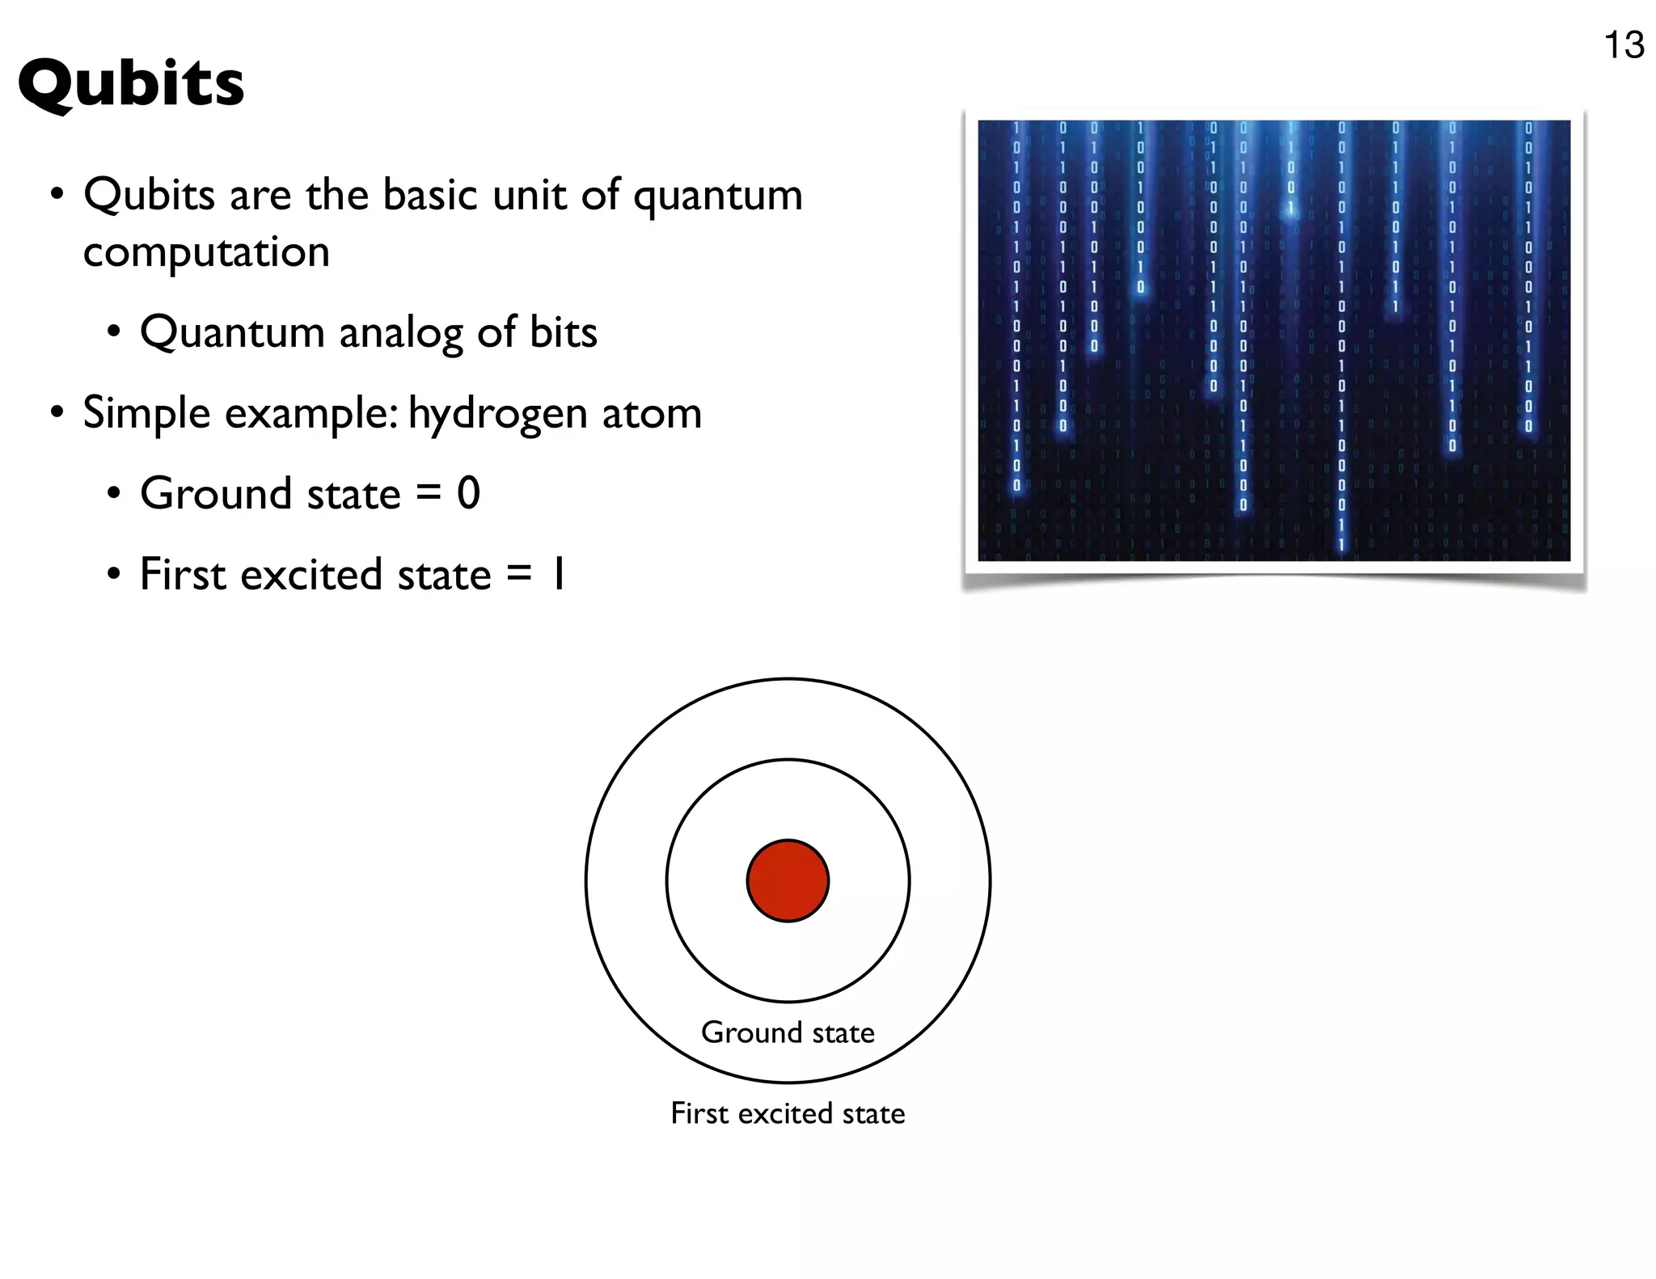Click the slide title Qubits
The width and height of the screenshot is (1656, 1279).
(x=130, y=84)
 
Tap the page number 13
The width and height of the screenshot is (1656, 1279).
(x=1623, y=45)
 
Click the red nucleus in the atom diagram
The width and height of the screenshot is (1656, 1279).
(x=788, y=880)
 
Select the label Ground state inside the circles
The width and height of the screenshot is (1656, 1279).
(x=788, y=1032)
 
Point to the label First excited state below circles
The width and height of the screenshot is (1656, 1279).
(x=788, y=1113)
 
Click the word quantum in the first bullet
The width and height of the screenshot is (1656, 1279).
(x=717, y=196)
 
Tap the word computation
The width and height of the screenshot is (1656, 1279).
(x=206, y=252)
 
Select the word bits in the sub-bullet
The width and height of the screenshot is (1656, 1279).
(x=563, y=332)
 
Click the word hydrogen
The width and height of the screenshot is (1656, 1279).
(x=496, y=415)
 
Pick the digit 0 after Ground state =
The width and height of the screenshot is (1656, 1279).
(x=468, y=493)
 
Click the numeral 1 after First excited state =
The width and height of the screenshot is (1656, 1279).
(x=557, y=575)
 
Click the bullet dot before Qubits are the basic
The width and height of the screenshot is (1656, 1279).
(x=57, y=195)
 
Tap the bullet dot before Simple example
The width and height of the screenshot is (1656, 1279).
(x=57, y=413)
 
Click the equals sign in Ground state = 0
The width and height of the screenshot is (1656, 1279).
(x=428, y=494)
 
